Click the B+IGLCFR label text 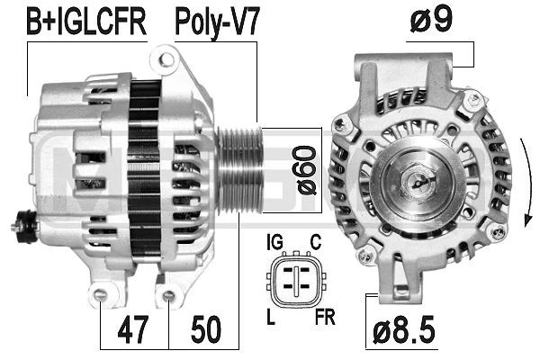pyautogui.click(x=86, y=22)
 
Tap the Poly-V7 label pyautogui.click(x=216, y=22)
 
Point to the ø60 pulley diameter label pyautogui.click(x=306, y=171)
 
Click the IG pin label pyautogui.click(x=274, y=242)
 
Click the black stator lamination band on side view pyautogui.click(x=144, y=171)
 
